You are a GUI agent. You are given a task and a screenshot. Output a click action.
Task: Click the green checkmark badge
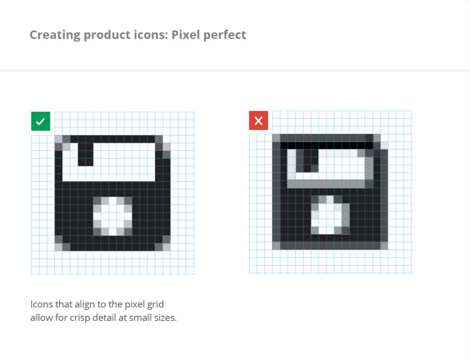pyautogui.click(x=41, y=121)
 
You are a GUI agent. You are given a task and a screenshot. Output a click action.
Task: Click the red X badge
pyautogui.click(x=259, y=121)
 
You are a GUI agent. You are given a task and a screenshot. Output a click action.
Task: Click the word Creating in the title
pyautogui.click(x=55, y=35)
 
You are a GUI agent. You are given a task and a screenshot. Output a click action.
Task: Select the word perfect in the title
pyautogui.click(x=225, y=35)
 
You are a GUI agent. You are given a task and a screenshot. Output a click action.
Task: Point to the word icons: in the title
pyautogui.click(x=151, y=35)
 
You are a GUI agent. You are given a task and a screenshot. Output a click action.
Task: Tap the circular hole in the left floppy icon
pyautogui.click(x=113, y=216)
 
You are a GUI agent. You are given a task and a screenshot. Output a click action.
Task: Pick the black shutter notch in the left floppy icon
pyautogui.click(x=85, y=154)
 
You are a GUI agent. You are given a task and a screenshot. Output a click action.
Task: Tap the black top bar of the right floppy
pyautogui.click(x=326, y=145)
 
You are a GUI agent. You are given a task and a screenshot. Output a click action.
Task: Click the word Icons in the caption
pyautogui.click(x=41, y=304)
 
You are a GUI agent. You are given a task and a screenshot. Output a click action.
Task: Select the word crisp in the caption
pyautogui.click(x=80, y=318)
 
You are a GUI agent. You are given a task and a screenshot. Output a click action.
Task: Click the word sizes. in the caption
pyautogui.click(x=165, y=318)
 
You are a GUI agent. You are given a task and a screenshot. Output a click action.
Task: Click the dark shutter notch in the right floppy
pyautogui.click(x=307, y=161)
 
